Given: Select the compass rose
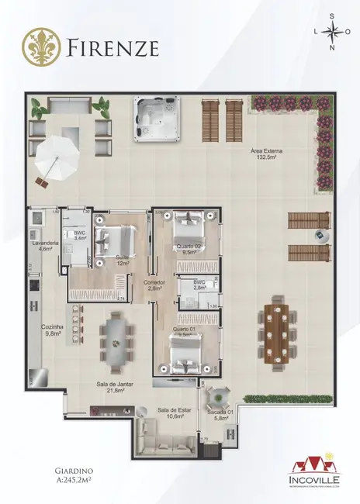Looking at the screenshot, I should coord(334,33).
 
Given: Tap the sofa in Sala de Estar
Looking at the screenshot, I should coord(165,446).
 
